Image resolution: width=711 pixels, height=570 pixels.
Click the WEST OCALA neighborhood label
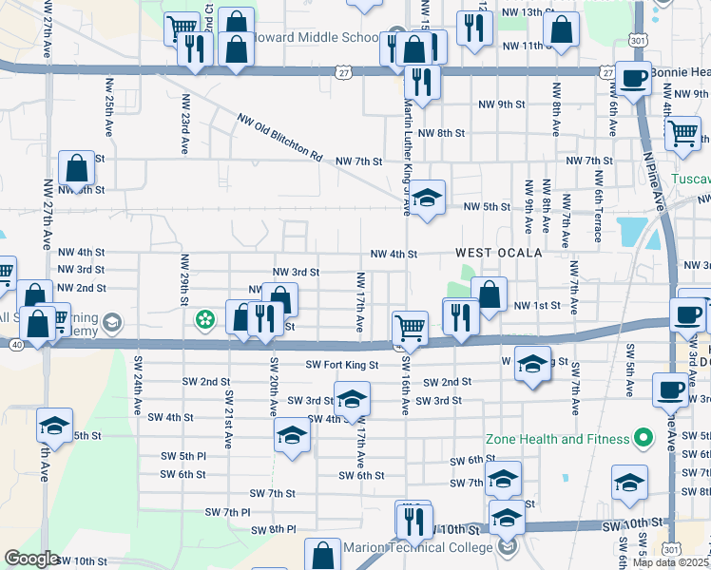[498, 253]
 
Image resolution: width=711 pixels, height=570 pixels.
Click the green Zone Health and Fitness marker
[643, 439]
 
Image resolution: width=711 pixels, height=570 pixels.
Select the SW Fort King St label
[342, 364]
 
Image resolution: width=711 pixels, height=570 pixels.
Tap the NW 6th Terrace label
[598, 203]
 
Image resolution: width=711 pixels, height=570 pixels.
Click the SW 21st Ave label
[228, 418]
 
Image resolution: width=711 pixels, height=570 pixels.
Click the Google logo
[30, 560]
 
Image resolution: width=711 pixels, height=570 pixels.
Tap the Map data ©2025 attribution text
[671, 562]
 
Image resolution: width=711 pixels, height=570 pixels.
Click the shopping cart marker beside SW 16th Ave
[410, 328]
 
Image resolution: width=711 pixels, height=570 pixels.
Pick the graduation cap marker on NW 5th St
[428, 199]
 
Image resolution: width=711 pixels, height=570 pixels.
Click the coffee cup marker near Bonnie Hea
[633, 78]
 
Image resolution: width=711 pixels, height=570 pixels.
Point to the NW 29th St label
[181, 280]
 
